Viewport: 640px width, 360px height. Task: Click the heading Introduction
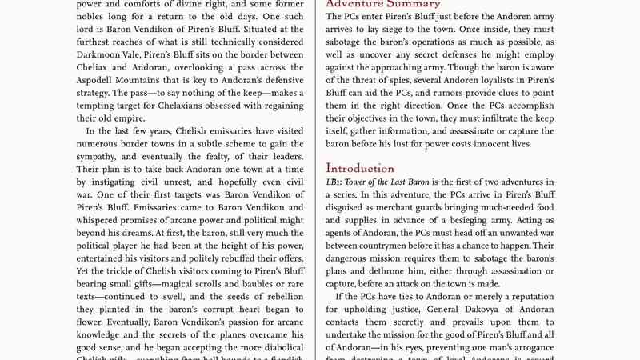point(360,169)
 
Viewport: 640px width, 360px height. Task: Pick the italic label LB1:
point(336,183)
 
